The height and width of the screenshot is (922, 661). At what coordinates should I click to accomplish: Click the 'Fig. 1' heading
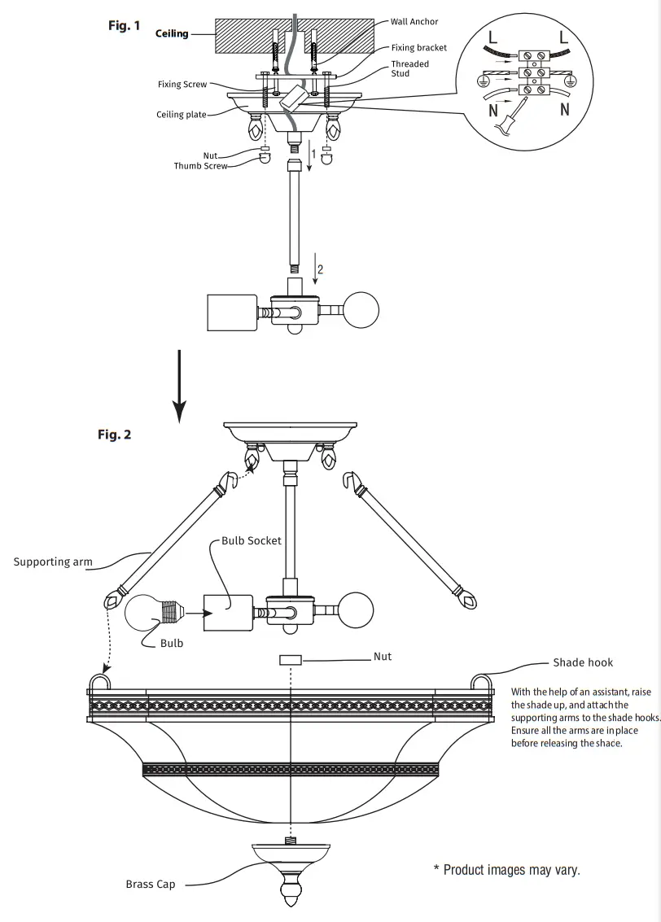click(124, 26)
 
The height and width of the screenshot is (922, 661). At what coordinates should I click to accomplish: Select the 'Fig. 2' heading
click(114, 435)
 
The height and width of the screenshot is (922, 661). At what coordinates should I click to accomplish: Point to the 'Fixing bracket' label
click(418, 48)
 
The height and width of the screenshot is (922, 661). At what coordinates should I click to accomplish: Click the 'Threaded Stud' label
click(409, 68)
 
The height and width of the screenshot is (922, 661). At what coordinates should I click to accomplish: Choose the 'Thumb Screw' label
click(200, 166)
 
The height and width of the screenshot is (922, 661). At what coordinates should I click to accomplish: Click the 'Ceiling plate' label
click(182, 115)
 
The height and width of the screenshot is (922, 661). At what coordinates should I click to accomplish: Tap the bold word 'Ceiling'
click(172, 34)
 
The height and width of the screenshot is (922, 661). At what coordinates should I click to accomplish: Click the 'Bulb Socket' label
click(252, 540)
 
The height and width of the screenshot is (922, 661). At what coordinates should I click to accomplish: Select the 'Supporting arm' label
click(53, 562)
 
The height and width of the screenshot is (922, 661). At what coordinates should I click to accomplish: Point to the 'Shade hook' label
click(583, 662)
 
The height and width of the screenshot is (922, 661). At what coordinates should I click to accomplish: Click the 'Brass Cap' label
click(150, 885)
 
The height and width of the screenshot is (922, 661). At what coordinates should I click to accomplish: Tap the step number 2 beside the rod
click(320, 270)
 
